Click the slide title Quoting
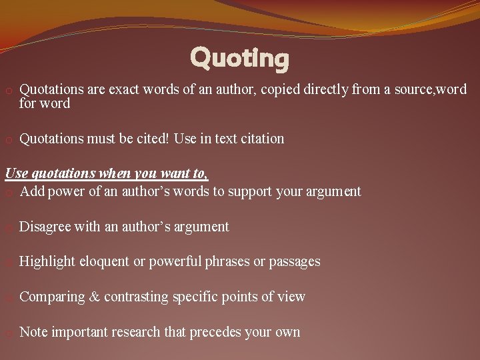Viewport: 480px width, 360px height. (x=239, y=59)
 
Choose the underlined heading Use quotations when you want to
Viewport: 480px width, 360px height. (x=107, y=174)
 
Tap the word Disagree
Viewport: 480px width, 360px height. (x=45, y=227)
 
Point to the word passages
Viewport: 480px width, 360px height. (x=294, y=261)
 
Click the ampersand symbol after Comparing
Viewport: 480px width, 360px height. (x=95, y=297)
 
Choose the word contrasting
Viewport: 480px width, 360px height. (x=136, y=297)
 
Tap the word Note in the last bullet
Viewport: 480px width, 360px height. (x=34, y=332)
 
